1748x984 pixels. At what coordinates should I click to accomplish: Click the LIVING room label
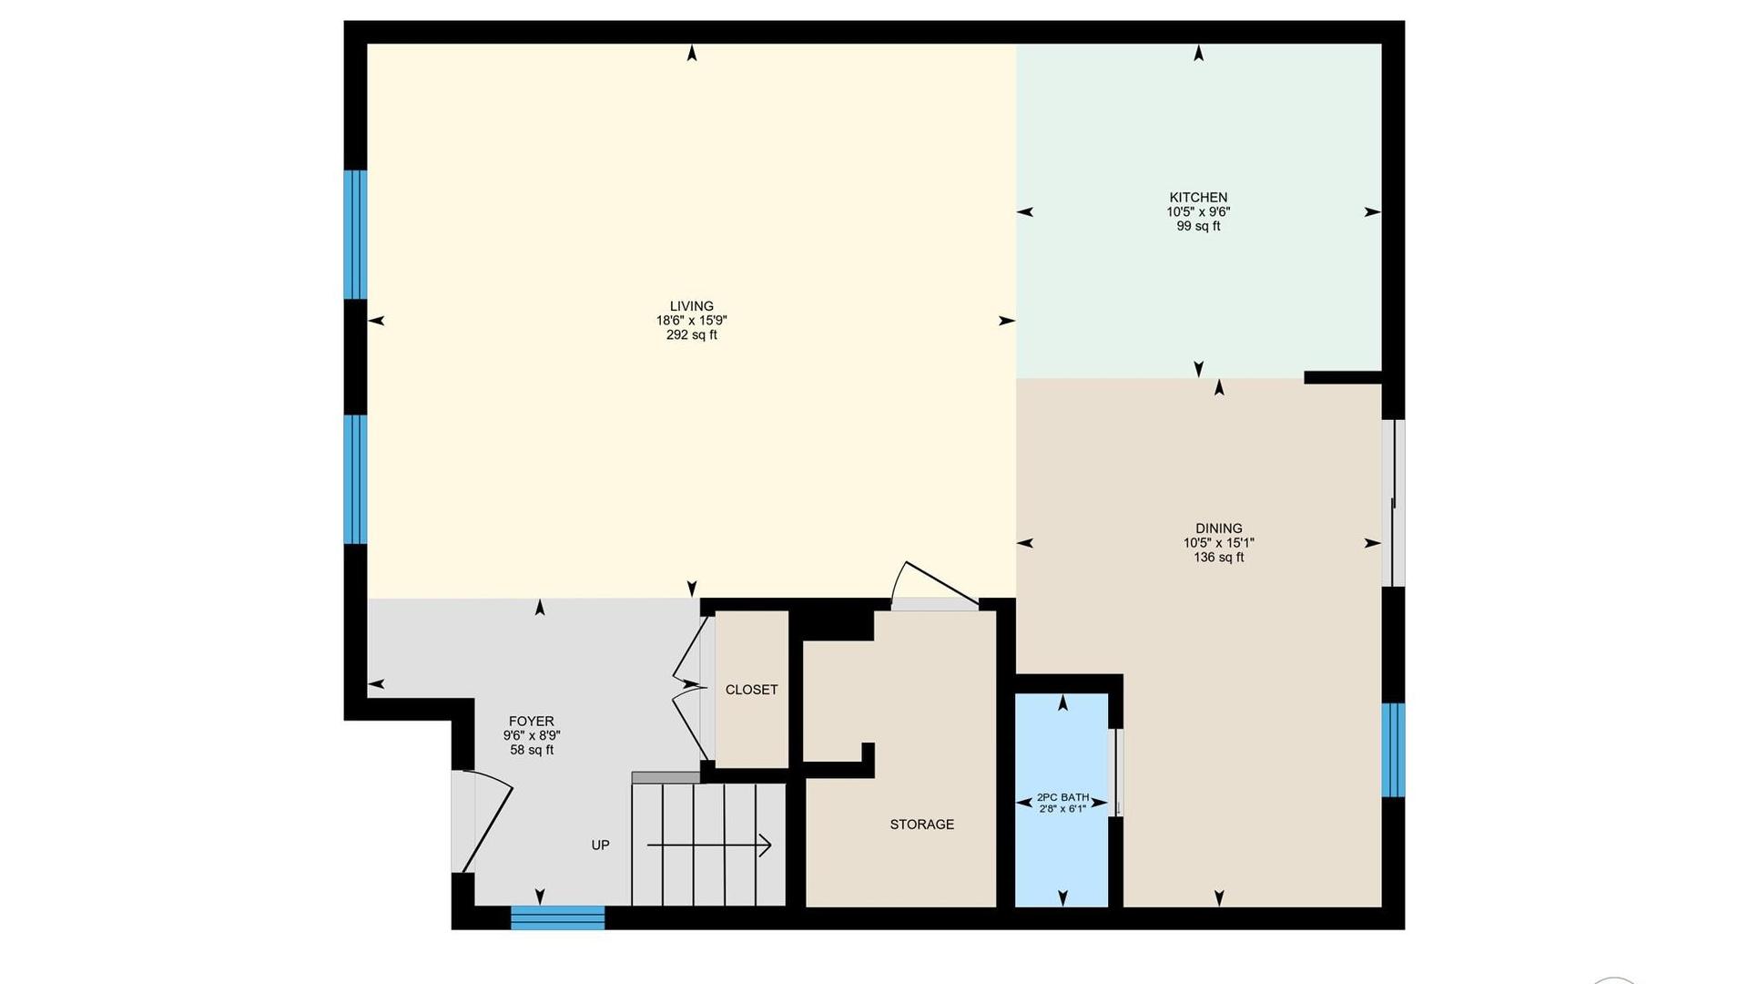(x=692, y=306)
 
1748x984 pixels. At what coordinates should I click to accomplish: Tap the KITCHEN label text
(x=1198, y=197)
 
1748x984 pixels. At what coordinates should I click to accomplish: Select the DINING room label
(x=1219, y=528)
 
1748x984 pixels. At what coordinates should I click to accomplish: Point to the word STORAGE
(x=922, y=825)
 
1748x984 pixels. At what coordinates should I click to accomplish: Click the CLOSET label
(x=752, y=690)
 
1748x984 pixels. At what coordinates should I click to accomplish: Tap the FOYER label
(x=532, y=722)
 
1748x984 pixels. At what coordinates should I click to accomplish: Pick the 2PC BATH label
(x=1063, y=797)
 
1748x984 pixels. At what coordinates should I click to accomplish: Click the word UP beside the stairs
(x=601, y=846)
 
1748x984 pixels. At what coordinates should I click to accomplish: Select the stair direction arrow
(x=709, y=846)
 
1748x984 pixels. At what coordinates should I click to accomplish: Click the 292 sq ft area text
(x=692, y=335)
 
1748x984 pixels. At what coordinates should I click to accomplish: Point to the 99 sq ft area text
(x=1198, y=226)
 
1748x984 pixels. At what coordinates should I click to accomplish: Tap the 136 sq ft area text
(x=1219, y=558)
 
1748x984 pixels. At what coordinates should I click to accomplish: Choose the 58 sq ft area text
(x=532, y=751)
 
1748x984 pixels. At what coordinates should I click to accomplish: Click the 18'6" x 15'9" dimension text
(x=692, y=321)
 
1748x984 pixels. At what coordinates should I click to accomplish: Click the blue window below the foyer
(x=558, y=917)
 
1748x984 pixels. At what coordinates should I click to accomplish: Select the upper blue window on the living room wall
(x=355, y=235)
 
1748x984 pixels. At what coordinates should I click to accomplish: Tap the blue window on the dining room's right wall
(x=1394, y=750)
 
